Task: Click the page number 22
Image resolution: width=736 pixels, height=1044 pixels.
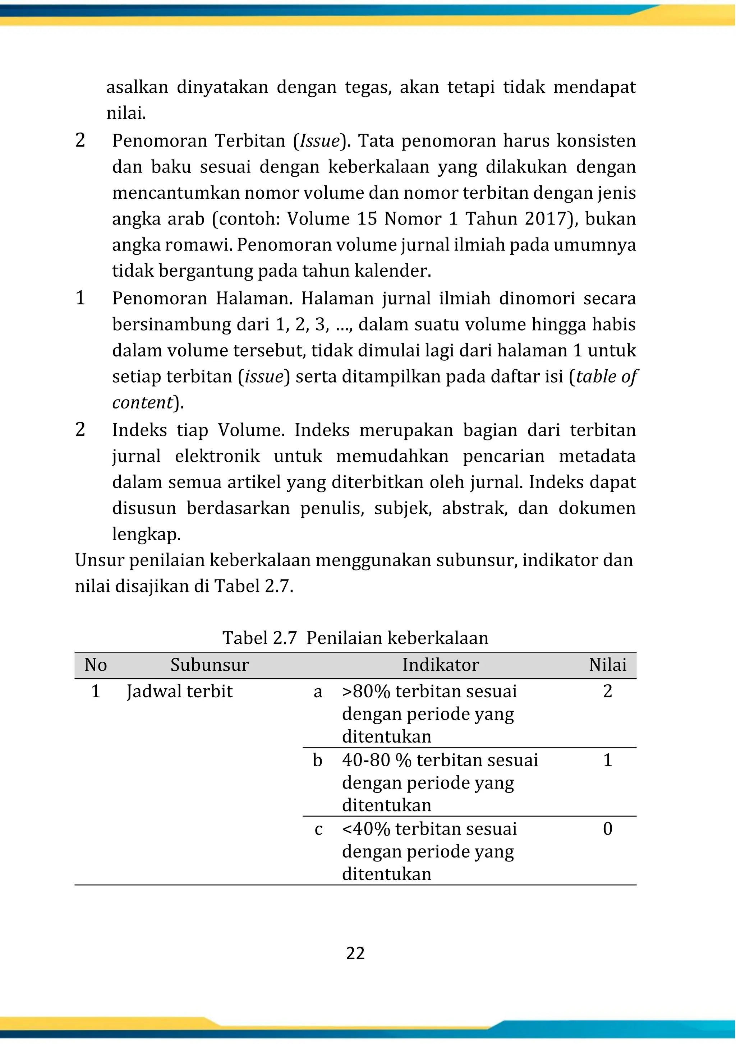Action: tap(355, 953)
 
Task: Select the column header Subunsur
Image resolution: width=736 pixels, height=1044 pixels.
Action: tap(210, 665)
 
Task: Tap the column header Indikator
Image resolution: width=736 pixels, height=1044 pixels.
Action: tap(440, 665)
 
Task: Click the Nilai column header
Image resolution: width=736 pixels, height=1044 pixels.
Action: tap(607, 665)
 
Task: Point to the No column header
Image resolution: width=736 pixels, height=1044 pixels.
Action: tap(96, 665)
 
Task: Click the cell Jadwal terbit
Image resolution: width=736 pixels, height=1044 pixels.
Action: tap(179, 692)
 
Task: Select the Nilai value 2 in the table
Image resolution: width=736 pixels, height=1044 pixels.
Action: tap(607, 691)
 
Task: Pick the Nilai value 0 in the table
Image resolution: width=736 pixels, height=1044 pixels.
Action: tap(607, 829)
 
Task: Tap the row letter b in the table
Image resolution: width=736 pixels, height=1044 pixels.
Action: tap(318, 760)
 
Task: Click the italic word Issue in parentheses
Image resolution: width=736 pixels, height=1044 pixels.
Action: tap(319, 141)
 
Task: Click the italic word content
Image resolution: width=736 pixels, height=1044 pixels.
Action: tap(142, 402)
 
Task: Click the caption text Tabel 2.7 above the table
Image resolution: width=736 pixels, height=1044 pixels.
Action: tap(259, 638)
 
